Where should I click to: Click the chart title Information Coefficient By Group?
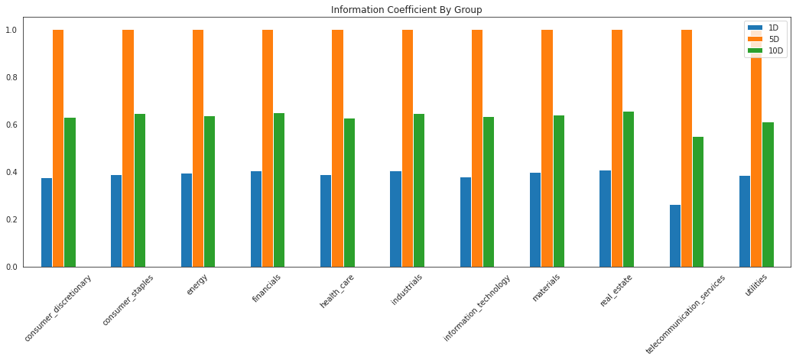pyautogui.click(x=406, y=10)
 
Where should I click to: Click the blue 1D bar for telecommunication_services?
pyautogui.click(x=675, y=235)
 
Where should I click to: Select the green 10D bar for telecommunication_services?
pyautogui.click(x=698, y=202)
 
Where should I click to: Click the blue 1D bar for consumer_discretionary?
pyautogui.click(x=47, y=222)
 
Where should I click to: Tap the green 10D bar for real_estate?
pyautogui.click(x=629, y=189)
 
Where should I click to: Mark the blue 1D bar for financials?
pyautogui.click(x=256, y=219)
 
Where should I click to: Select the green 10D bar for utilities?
pyautogui.click(x=768, y=194)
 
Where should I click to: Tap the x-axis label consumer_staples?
pyautogui.click(x=128, y=300)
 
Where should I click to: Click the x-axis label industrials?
pyautogui.click(x=407, y=290)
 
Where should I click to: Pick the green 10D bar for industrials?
pyautogui.click(x=419, y=190)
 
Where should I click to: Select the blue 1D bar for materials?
pyautogui.click(x=535, y=219)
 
